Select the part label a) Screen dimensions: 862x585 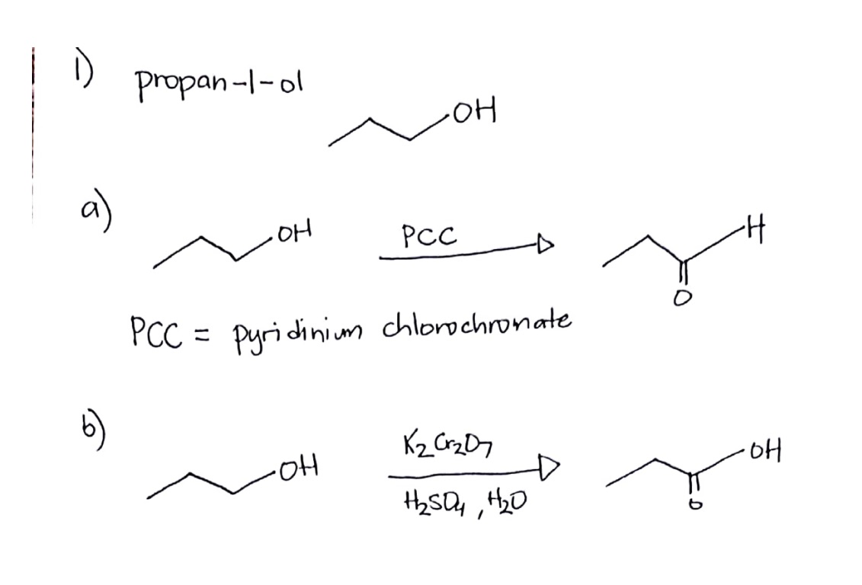[95, 212]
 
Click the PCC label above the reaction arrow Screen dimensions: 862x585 [429, 236]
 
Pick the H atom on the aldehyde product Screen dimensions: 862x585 [755, 231]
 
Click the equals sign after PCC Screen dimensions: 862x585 [202, 333]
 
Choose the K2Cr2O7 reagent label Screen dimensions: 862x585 [447, 444]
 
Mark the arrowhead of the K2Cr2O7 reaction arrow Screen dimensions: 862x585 [549, 468]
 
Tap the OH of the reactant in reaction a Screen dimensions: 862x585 [294, 231]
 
